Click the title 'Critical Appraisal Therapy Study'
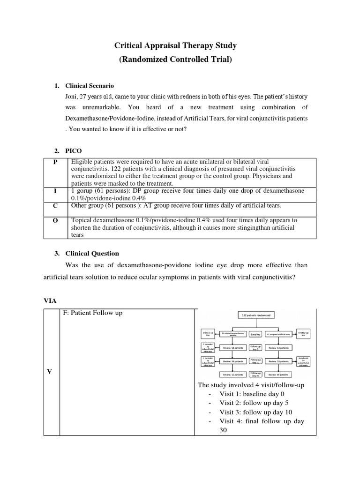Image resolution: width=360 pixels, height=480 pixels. pos(176,45)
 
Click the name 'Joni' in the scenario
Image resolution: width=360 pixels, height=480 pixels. pos(72,97)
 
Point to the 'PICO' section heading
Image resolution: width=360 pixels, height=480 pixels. pos(74,150)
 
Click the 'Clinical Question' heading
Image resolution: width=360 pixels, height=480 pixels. pos(92,253)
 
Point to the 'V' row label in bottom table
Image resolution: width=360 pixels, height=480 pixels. pos(50,371)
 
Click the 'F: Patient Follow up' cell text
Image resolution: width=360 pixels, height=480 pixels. pos(92,313)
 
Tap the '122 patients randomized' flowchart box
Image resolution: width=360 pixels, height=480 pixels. pos(255,316)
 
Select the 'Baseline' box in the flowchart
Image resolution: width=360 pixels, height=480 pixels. pos(255,334)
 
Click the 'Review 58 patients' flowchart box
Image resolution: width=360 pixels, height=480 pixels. pos(233,348)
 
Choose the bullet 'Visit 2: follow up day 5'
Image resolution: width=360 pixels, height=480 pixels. pos(252,403)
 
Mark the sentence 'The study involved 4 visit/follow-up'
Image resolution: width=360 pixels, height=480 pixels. pos(251,385)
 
